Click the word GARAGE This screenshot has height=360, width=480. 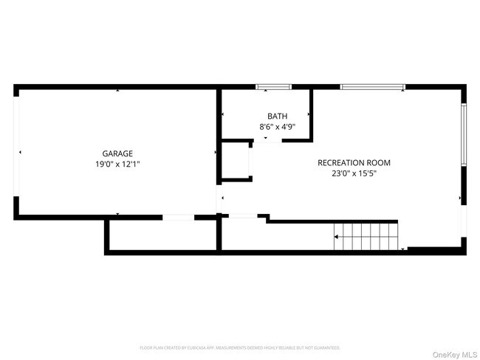[117, 153]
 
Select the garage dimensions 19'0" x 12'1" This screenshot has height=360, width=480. [117, 165]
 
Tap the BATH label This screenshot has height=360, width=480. [277, 117]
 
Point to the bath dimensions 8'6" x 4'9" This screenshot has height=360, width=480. [277, 127]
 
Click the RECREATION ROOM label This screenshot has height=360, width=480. [354, 163]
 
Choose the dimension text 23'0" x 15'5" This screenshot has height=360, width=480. [354, 174]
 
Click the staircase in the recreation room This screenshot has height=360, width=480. [367, 236]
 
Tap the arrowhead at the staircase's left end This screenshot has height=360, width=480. [336, 237]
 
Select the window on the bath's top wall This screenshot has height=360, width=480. [273, 88]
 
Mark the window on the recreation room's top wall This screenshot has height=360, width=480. [372, 88]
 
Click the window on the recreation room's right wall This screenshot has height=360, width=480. [463, 134]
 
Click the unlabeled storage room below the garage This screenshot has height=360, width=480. [162, 235]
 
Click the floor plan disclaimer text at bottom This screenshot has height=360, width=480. [240, 347]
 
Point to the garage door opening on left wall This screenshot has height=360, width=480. [16, 153]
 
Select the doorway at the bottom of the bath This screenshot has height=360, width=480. [267, 139]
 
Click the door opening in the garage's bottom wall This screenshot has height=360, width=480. [178, 217]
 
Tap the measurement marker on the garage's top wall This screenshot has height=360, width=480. [117, 91]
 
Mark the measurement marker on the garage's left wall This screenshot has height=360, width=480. [21, 153]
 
